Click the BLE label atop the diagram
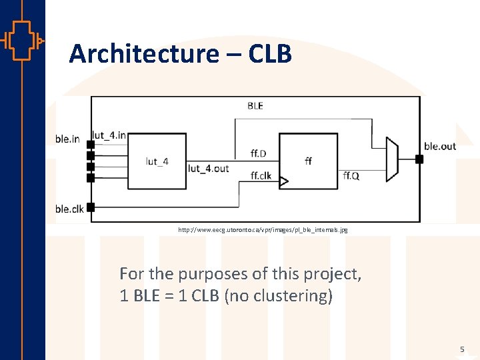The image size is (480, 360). tap(255, 106)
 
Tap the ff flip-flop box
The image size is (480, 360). tap(308, 160)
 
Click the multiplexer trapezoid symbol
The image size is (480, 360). tap(393, 159)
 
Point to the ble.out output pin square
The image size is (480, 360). tap(419, 159)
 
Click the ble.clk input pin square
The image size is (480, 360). tap(91, 207)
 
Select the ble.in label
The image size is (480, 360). tap(67, 139)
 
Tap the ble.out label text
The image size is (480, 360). tap(440, 146)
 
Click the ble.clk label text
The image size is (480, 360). tap(69, 209)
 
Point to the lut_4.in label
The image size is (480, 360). tap(109, 135)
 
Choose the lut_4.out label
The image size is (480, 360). tap(208, 168)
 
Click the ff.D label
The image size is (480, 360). tap(258, 154)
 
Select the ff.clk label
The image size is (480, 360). tap(261, 176)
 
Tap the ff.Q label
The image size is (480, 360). tap(351, 175)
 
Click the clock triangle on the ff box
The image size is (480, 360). tap(283, 181)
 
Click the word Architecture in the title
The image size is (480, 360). tap(143, 54)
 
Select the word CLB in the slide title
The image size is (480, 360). tap(270, 54)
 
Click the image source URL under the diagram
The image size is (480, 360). tap(263, 229)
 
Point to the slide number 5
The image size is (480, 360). tap(461, 349)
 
